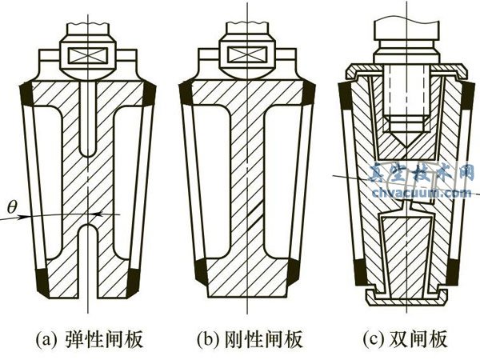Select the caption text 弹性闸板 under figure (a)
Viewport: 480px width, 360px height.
pos(111,341)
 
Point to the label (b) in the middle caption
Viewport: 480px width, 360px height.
pos(210,341)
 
